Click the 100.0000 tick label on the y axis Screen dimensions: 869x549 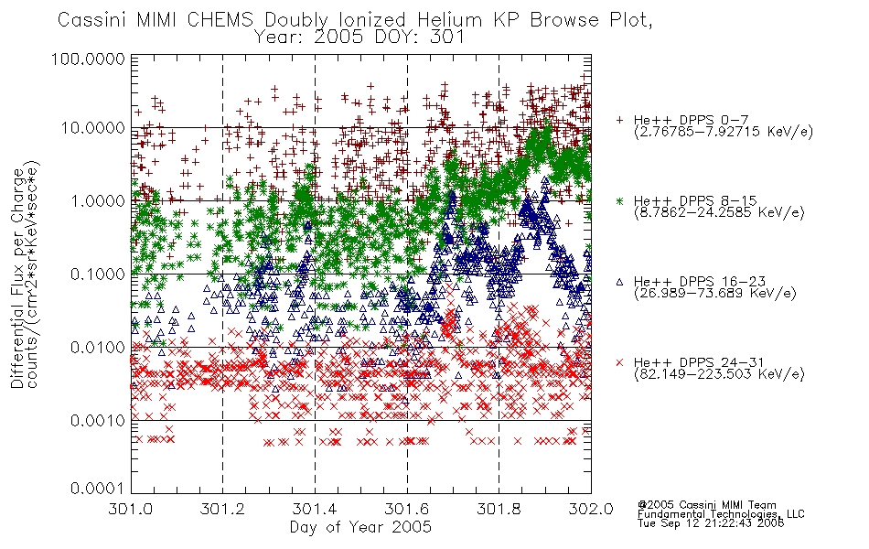[88, 59]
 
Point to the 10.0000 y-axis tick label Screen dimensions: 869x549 [92, 128]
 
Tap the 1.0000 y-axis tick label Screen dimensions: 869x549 [98, 200]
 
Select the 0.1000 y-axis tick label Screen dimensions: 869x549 [98, 274]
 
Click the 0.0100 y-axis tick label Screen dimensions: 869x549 [98, 348]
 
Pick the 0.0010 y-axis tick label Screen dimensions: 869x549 [98, 421]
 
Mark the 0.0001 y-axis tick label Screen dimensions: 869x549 [98, 489]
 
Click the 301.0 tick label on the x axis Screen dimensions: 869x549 [131, 509]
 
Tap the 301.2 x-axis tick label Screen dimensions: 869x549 [223, 509]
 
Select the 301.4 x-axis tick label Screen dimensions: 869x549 [315, 509]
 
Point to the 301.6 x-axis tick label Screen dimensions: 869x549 [407, 509]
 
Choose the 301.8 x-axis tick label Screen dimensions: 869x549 [499, 509]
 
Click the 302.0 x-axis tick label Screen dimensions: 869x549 [591, 509]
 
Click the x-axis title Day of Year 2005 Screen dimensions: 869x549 [360, 527]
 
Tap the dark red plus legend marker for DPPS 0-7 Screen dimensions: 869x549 [619, 120]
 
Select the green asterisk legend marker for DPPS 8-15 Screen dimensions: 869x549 [619, 200]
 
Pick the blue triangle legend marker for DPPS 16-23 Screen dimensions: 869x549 [619, 282]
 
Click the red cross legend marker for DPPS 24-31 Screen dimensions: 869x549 [619, 362]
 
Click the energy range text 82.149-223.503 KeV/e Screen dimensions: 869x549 [719, 374]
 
